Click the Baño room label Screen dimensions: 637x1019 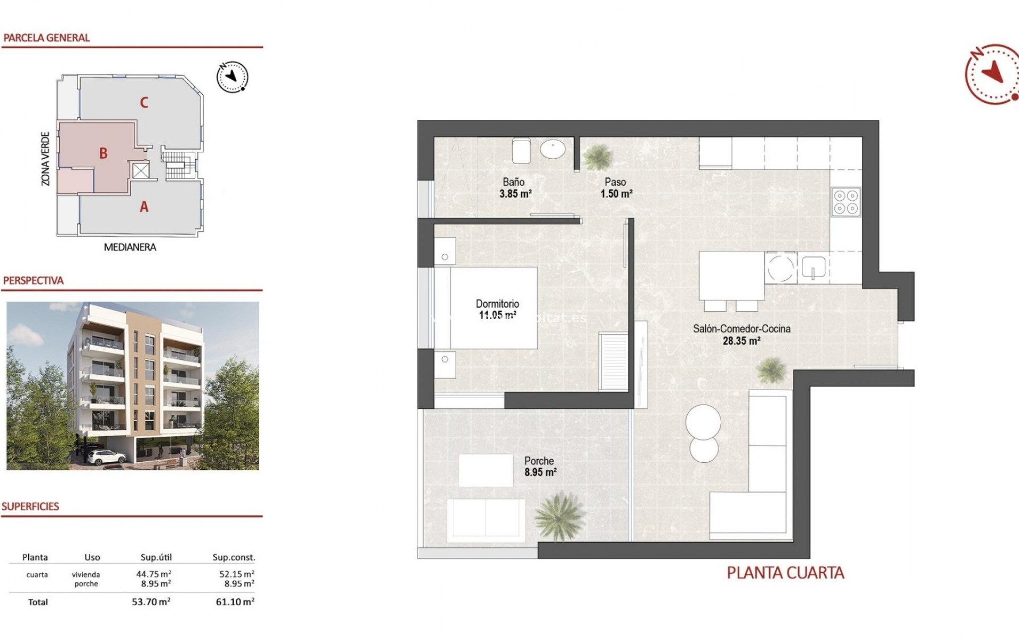tap(513, 182)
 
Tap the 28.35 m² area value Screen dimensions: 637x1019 tap(741, 341)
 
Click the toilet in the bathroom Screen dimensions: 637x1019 tap(521, 151)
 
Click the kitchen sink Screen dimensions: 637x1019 tap(813, 268)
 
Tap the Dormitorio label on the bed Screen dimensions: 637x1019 tap(497, 304)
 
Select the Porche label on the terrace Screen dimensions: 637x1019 tap(539, 461)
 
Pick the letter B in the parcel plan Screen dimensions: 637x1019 tap(103, 153)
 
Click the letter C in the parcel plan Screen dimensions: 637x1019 tap(144, 102)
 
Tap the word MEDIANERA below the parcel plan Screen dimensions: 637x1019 tap(130, 247)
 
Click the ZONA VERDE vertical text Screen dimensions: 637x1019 tap(46, 159)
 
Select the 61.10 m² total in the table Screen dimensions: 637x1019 tap(235, 602)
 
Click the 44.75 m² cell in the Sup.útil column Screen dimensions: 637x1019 tap(153, 574)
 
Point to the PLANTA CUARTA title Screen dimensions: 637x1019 tap(785, 573)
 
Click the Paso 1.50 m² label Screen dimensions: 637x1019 tap(616, 188)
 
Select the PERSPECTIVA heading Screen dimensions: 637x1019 tap(33, 281)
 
